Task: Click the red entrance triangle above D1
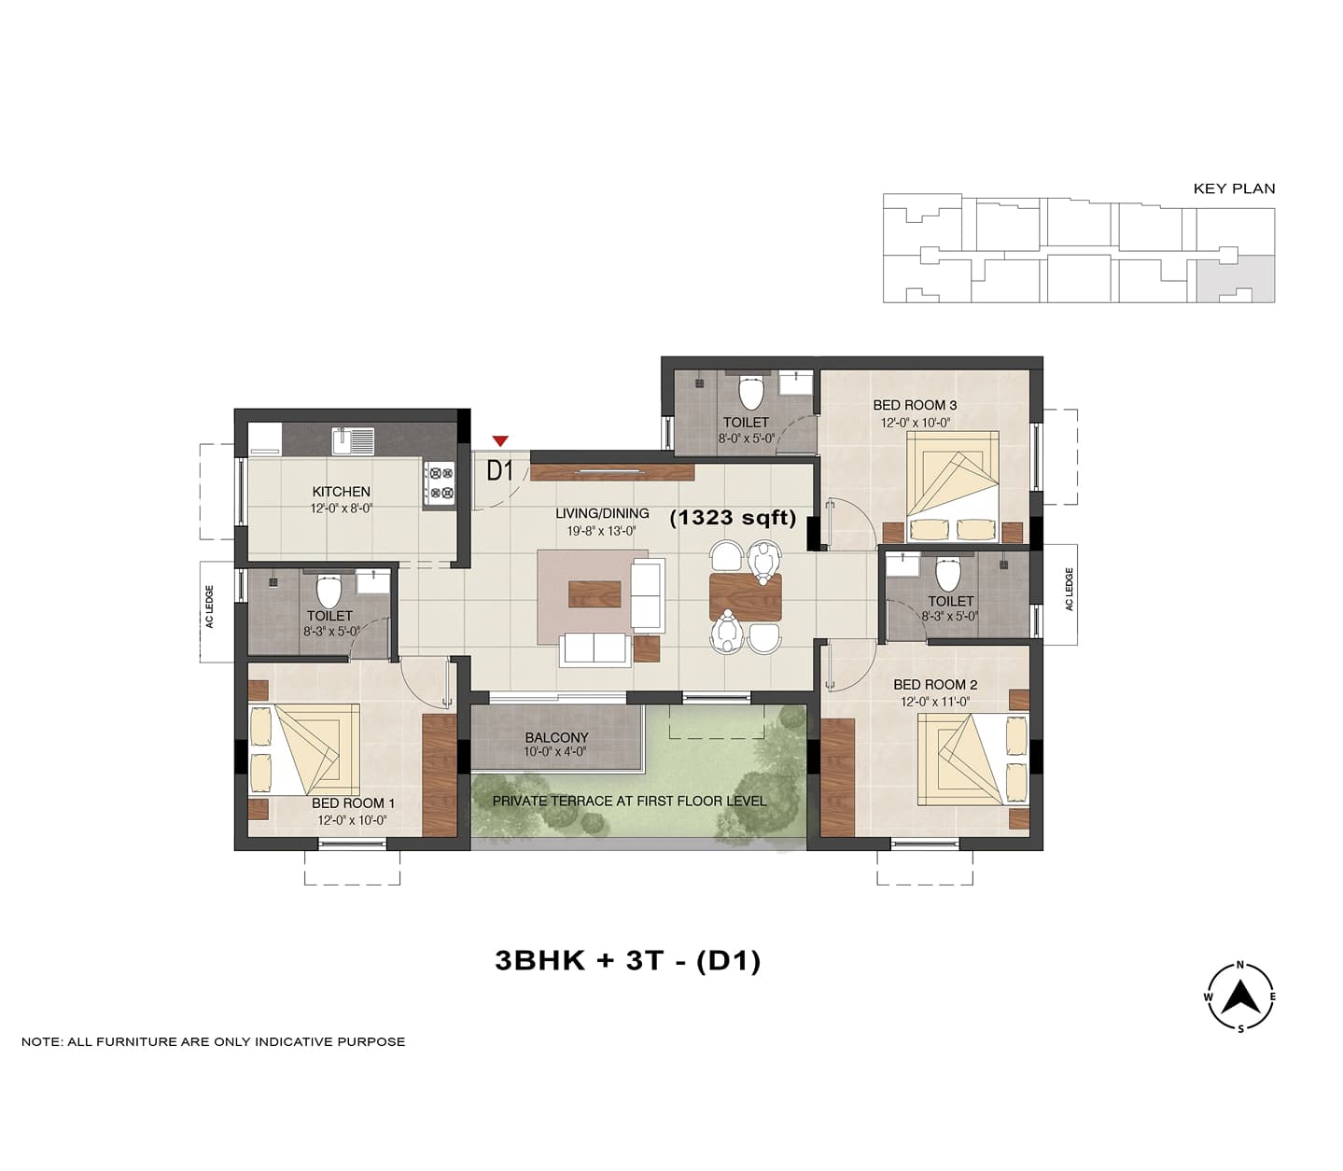point(501,440)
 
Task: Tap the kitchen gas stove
point(440,484)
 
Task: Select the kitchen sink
point(353,440)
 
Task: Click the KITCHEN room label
point(342,492)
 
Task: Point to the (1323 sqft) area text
point(733,518)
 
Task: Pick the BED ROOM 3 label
point(915,406)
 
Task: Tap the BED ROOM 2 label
point(935,685)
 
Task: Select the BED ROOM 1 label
point(353,803)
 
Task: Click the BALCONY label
point(556,737)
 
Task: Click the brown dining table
point(746,596)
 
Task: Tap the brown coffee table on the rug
point(595,593)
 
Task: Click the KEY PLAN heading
point(1234,188)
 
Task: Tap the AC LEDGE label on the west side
point(209,606)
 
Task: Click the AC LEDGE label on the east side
point(1070,590)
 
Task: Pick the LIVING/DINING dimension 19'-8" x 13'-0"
point(602,531)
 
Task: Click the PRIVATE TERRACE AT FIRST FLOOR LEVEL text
point(629,801)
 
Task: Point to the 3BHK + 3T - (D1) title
point(627,960)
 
